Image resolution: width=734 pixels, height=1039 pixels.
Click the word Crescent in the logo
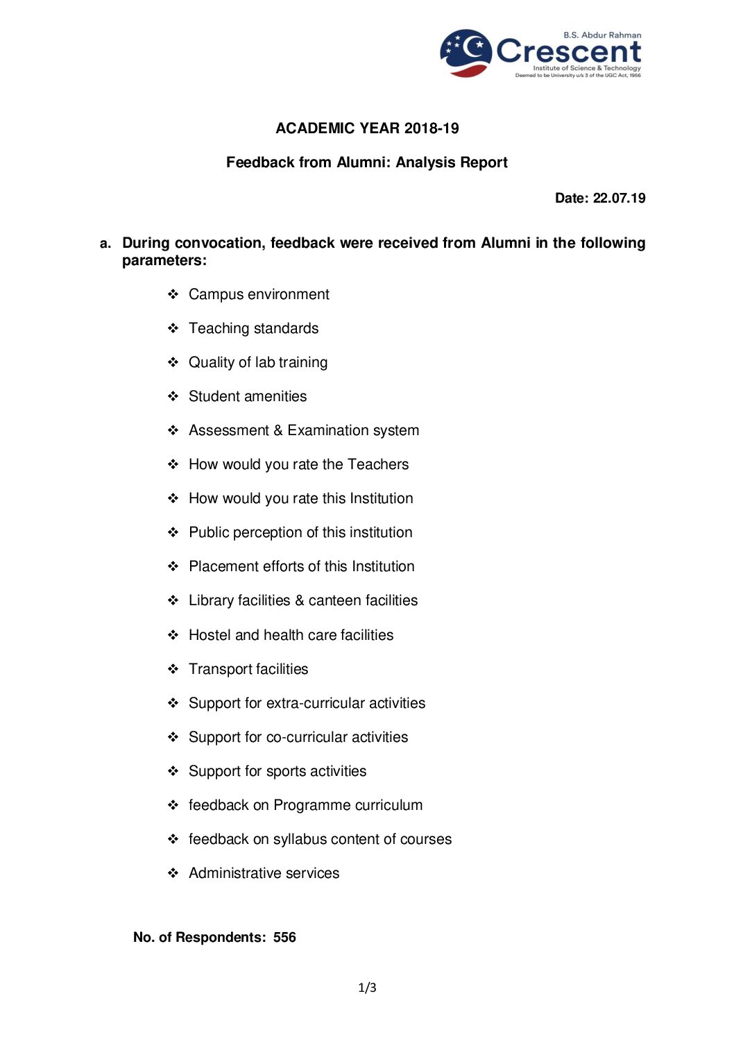tap(569, 51)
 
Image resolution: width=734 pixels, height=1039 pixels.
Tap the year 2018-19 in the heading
tap(432, 128)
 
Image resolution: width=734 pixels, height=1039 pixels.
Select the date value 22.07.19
tap(619, 198)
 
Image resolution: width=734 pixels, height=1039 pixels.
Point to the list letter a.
tap(105, 244)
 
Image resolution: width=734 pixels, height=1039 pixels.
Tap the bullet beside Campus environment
tap(173, 294)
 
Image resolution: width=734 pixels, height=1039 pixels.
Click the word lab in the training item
tap(264, 362)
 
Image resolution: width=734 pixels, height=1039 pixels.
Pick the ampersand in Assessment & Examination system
tap(278, 431)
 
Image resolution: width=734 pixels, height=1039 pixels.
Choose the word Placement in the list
tap(223, 567)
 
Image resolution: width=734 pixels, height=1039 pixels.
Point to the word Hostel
tap(210, 635)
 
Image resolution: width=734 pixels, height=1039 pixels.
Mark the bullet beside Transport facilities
tap(173, 669)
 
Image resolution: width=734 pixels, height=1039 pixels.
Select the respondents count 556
tap(284, 938)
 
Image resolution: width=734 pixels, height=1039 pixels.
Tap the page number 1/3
tap(367, 988)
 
